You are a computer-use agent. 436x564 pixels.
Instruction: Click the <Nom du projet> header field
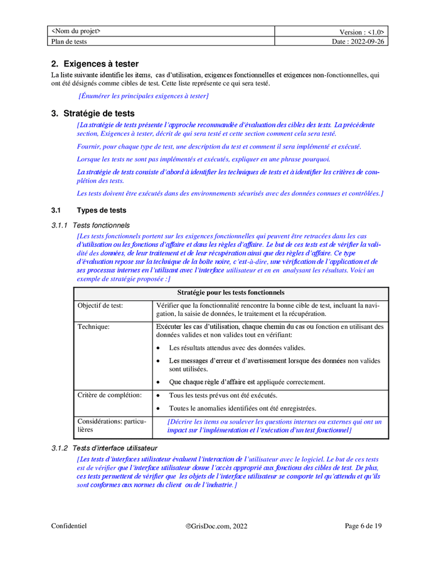click(x=76, y=31)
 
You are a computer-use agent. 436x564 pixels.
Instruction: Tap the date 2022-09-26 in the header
click(x=367, y=41)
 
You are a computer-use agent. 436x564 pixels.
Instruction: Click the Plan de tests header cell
click(x=69, y=41)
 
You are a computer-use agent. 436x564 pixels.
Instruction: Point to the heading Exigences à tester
click(x=95, y=64)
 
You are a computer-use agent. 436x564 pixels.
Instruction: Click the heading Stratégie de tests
click(x=93, y=113)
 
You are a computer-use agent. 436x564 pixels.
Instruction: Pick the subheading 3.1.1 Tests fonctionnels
click(x=90, y=225)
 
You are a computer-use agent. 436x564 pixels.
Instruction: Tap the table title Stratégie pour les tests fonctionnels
click(x=230, y=293)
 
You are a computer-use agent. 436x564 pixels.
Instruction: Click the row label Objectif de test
click(x=100, y=305)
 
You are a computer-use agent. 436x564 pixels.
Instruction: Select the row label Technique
click(x=93, y=326)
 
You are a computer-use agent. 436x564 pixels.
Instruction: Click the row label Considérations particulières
click(x=111, y=426)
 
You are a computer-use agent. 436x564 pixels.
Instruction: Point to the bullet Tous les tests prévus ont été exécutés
click(x=223, y=395)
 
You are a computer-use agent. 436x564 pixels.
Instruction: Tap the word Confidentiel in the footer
click(x=69, y=526)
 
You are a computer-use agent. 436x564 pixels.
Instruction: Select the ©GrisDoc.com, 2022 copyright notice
click(x=217, y=526)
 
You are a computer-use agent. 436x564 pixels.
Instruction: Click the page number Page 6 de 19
click(x=363, y=526)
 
